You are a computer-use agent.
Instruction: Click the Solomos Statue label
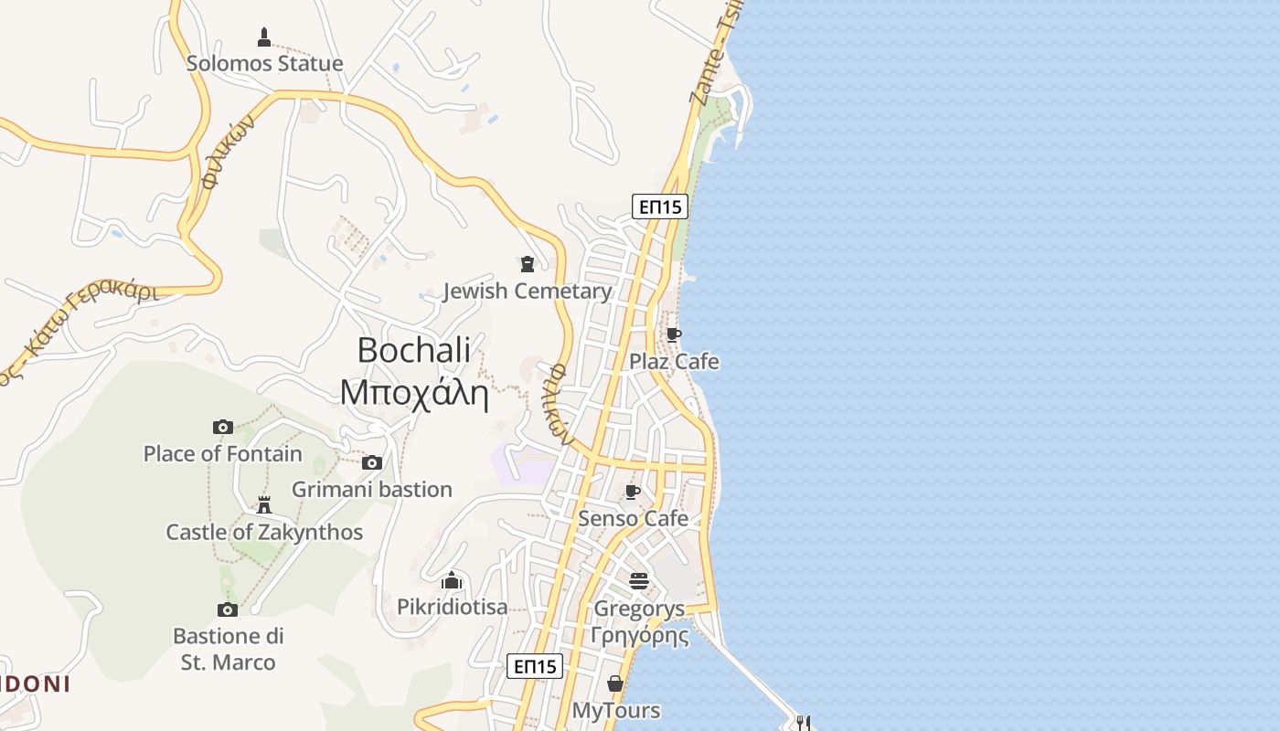click(264, 63)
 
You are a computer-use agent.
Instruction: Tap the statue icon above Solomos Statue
click(264, 37)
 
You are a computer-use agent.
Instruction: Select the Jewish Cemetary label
click(527, 291)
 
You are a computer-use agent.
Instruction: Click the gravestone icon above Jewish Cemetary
click(527, 264)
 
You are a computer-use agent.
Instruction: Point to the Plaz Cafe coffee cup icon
click(673, 335)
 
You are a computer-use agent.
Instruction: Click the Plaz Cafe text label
click(674, 362)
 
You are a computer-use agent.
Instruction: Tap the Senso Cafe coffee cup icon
click(632, 493)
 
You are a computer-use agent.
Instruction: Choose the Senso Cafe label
click(633, 519)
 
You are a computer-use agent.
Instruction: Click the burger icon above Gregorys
click(638, 581)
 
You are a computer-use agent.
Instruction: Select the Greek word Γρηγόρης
click(639, 635)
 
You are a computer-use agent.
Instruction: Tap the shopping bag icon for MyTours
click(615, 683)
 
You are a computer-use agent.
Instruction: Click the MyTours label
click(616, 710)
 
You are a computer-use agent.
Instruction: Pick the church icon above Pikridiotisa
click(452, 580)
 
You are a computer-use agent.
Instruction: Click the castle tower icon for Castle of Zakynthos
click(264, 504)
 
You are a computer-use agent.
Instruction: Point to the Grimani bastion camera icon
click(371, 462)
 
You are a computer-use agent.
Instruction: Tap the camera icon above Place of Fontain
click(222, 427)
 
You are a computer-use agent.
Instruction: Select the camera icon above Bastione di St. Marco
click(228, 609)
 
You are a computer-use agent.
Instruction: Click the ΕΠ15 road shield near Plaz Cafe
click(659, 207)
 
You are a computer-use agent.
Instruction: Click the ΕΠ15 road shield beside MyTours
click(534, 666)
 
